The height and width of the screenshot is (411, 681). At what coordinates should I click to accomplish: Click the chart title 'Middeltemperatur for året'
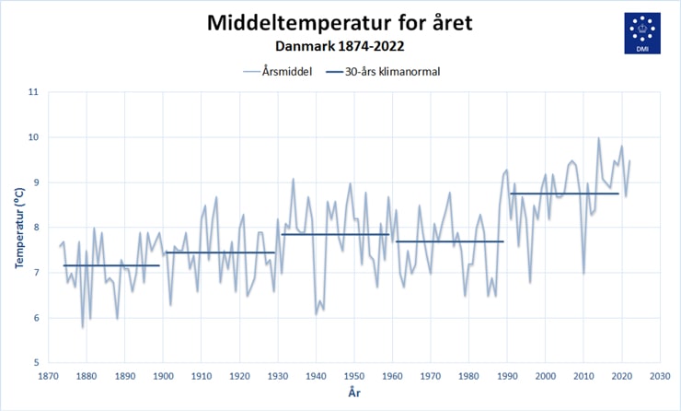pos(340,21)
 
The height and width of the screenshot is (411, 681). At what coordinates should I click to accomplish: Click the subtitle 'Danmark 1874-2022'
pos(340,43)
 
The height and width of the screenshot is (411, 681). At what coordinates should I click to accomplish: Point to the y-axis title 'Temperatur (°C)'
pos(18,227)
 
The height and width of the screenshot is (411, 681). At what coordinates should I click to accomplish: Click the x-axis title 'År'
pos(354,393)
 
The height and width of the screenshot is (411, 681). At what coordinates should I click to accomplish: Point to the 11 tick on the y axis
pos(33,92)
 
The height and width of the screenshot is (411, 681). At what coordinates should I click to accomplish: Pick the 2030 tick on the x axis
pos(660,376)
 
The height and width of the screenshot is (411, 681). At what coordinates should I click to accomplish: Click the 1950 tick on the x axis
pos(354,376)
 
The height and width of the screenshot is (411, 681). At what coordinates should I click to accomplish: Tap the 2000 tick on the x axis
pos(545,376)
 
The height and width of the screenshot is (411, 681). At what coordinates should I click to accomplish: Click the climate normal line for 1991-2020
pos(564,194)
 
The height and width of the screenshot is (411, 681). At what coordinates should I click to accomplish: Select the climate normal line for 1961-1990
pos(449,241)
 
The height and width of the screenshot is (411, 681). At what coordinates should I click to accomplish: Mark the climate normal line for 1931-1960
pos(335,234)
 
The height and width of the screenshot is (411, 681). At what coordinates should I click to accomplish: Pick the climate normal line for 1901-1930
pos(220,252)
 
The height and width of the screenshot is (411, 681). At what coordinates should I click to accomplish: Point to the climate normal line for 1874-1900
pos(111,265)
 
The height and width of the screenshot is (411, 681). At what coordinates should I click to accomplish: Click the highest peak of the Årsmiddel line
pos(598,138)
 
